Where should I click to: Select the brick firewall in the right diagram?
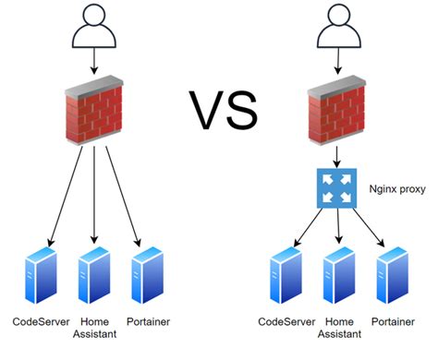pos(335,113)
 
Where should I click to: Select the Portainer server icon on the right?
pos(390,274)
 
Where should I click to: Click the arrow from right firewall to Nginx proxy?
pos(335,157)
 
